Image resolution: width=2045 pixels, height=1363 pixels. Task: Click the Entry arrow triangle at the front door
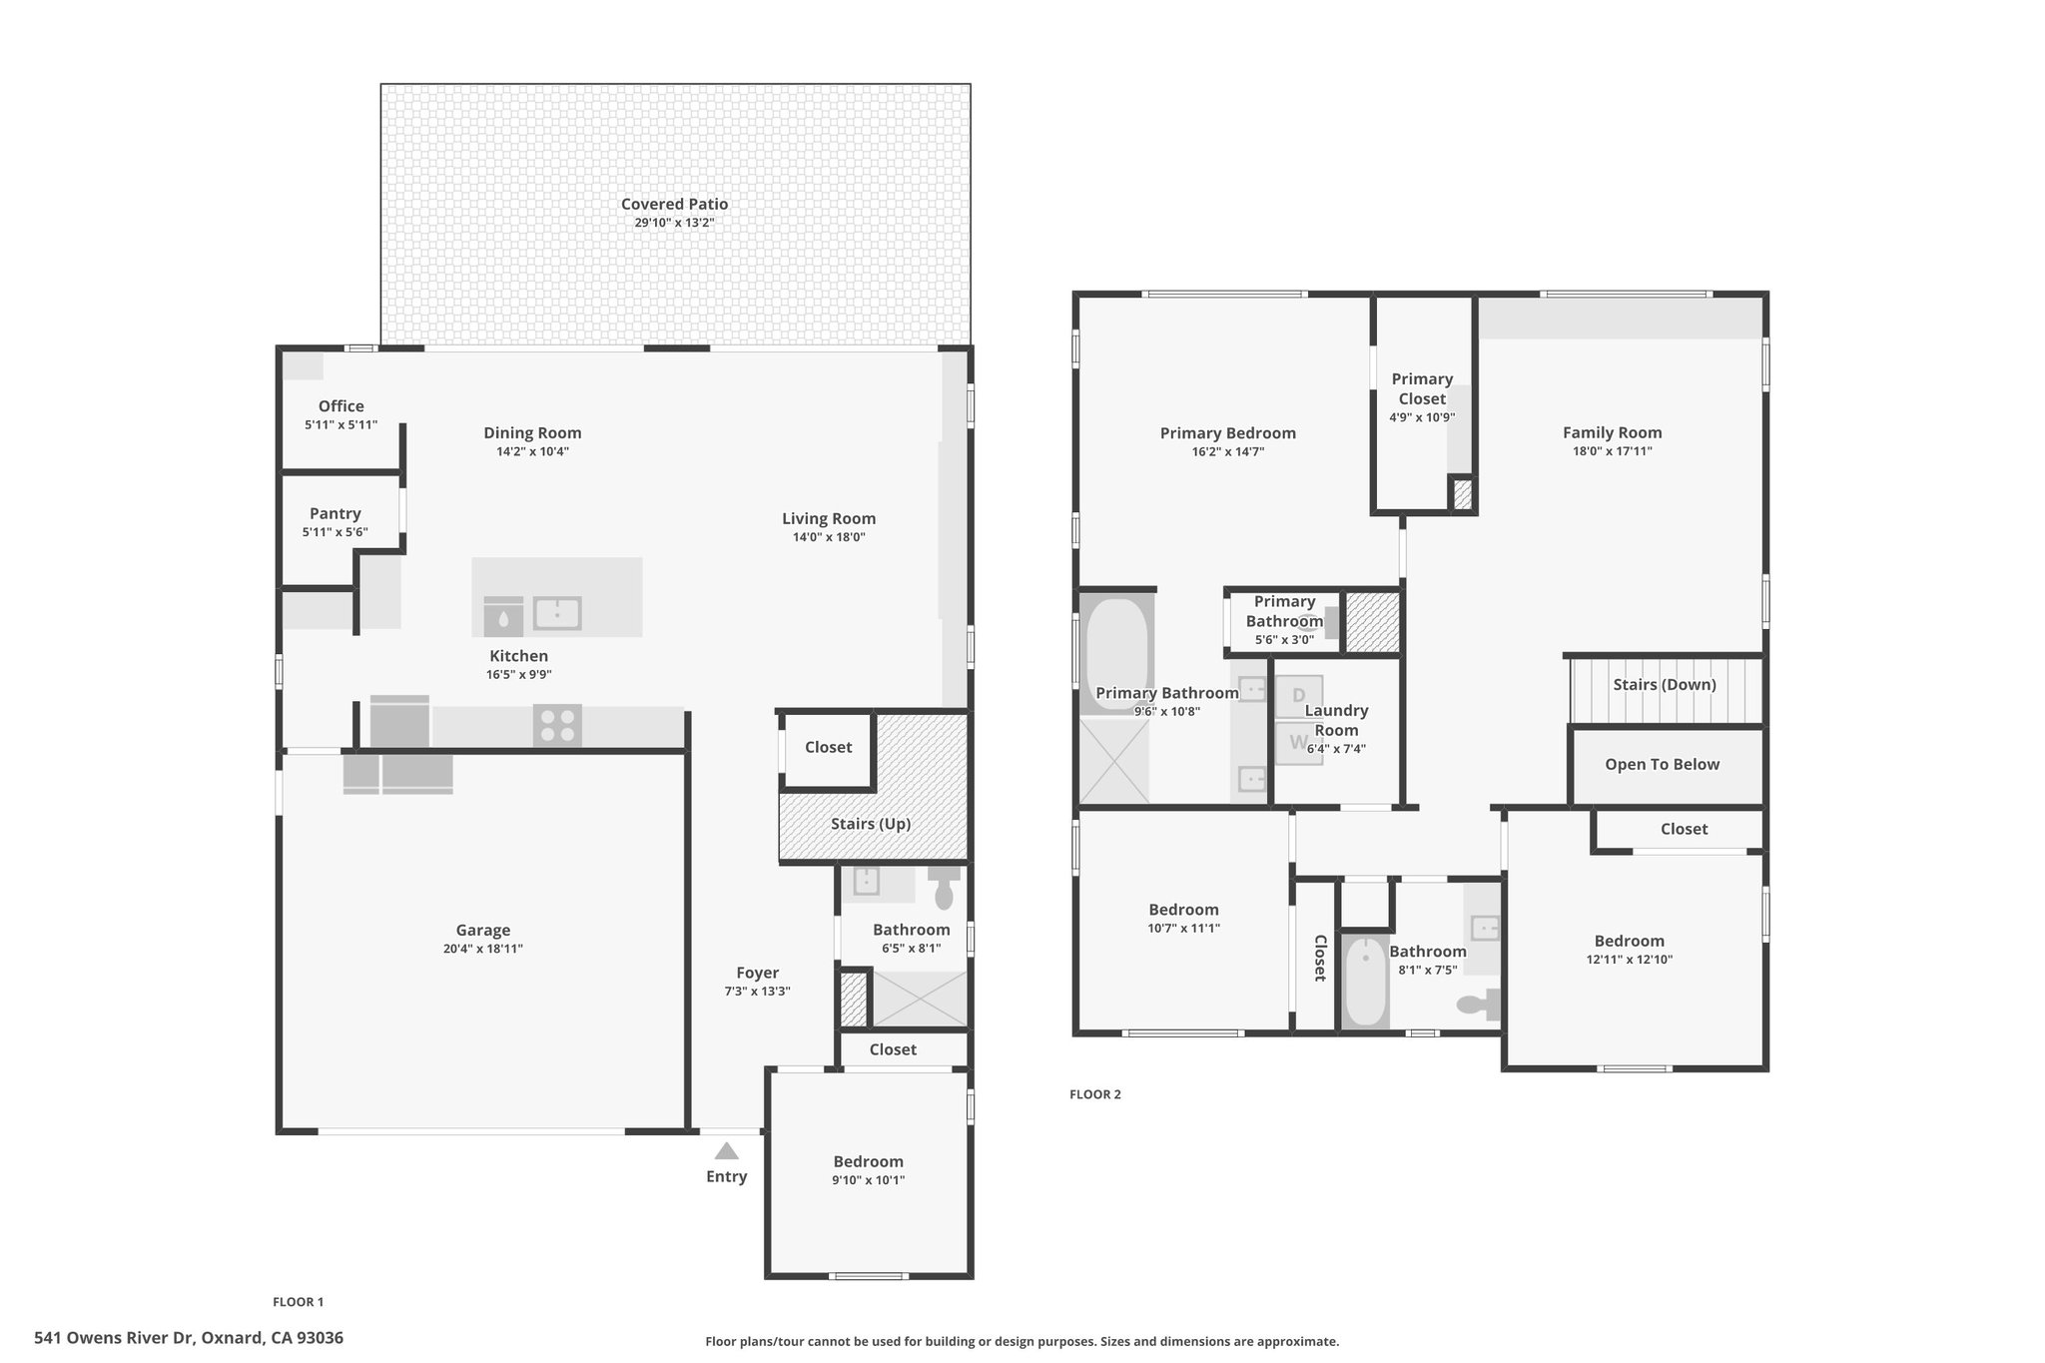tap(727, 1150)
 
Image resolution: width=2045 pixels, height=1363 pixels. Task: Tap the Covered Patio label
tap(675, 204)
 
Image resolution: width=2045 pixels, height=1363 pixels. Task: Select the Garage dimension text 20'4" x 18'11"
tap(483, 949)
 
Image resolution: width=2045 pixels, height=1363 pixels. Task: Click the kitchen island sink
tap(557, 613)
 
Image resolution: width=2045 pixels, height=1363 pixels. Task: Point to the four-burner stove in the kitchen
tap(558, 726)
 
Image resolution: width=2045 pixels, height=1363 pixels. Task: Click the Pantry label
tap(336, 513)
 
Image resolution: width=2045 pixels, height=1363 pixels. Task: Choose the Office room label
tap(341, 405)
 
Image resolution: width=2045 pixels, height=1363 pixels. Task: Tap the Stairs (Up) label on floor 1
tap(871, 824)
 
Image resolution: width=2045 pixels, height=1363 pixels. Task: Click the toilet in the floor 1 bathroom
tap(944, 887)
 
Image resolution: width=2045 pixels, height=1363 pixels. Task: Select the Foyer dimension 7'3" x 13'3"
tap(758, 992)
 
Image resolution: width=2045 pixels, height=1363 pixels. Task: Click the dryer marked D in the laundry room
tap(1299, 696)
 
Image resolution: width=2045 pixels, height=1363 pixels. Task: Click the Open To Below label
tap(1663, 764)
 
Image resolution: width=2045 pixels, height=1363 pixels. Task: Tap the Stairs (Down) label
tap(1665, 684)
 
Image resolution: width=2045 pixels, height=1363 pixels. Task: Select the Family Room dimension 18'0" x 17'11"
tap(1613, 451)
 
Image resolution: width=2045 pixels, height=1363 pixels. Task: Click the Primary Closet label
tap(1423, 388)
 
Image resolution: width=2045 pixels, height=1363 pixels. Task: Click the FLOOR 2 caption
tap(1095, 1094)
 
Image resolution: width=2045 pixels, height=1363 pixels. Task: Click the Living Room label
tap(829, 518)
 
